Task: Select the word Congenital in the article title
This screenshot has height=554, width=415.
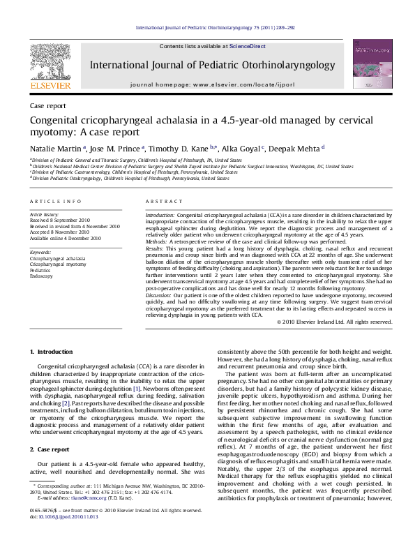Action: click(x=57, y=120)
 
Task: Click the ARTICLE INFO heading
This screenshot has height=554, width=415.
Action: click(x=50, y=201)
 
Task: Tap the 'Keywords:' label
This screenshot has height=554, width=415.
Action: click(x=41, y=251)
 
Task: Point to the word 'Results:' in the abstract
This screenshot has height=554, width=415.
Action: click(x=156, y=248)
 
